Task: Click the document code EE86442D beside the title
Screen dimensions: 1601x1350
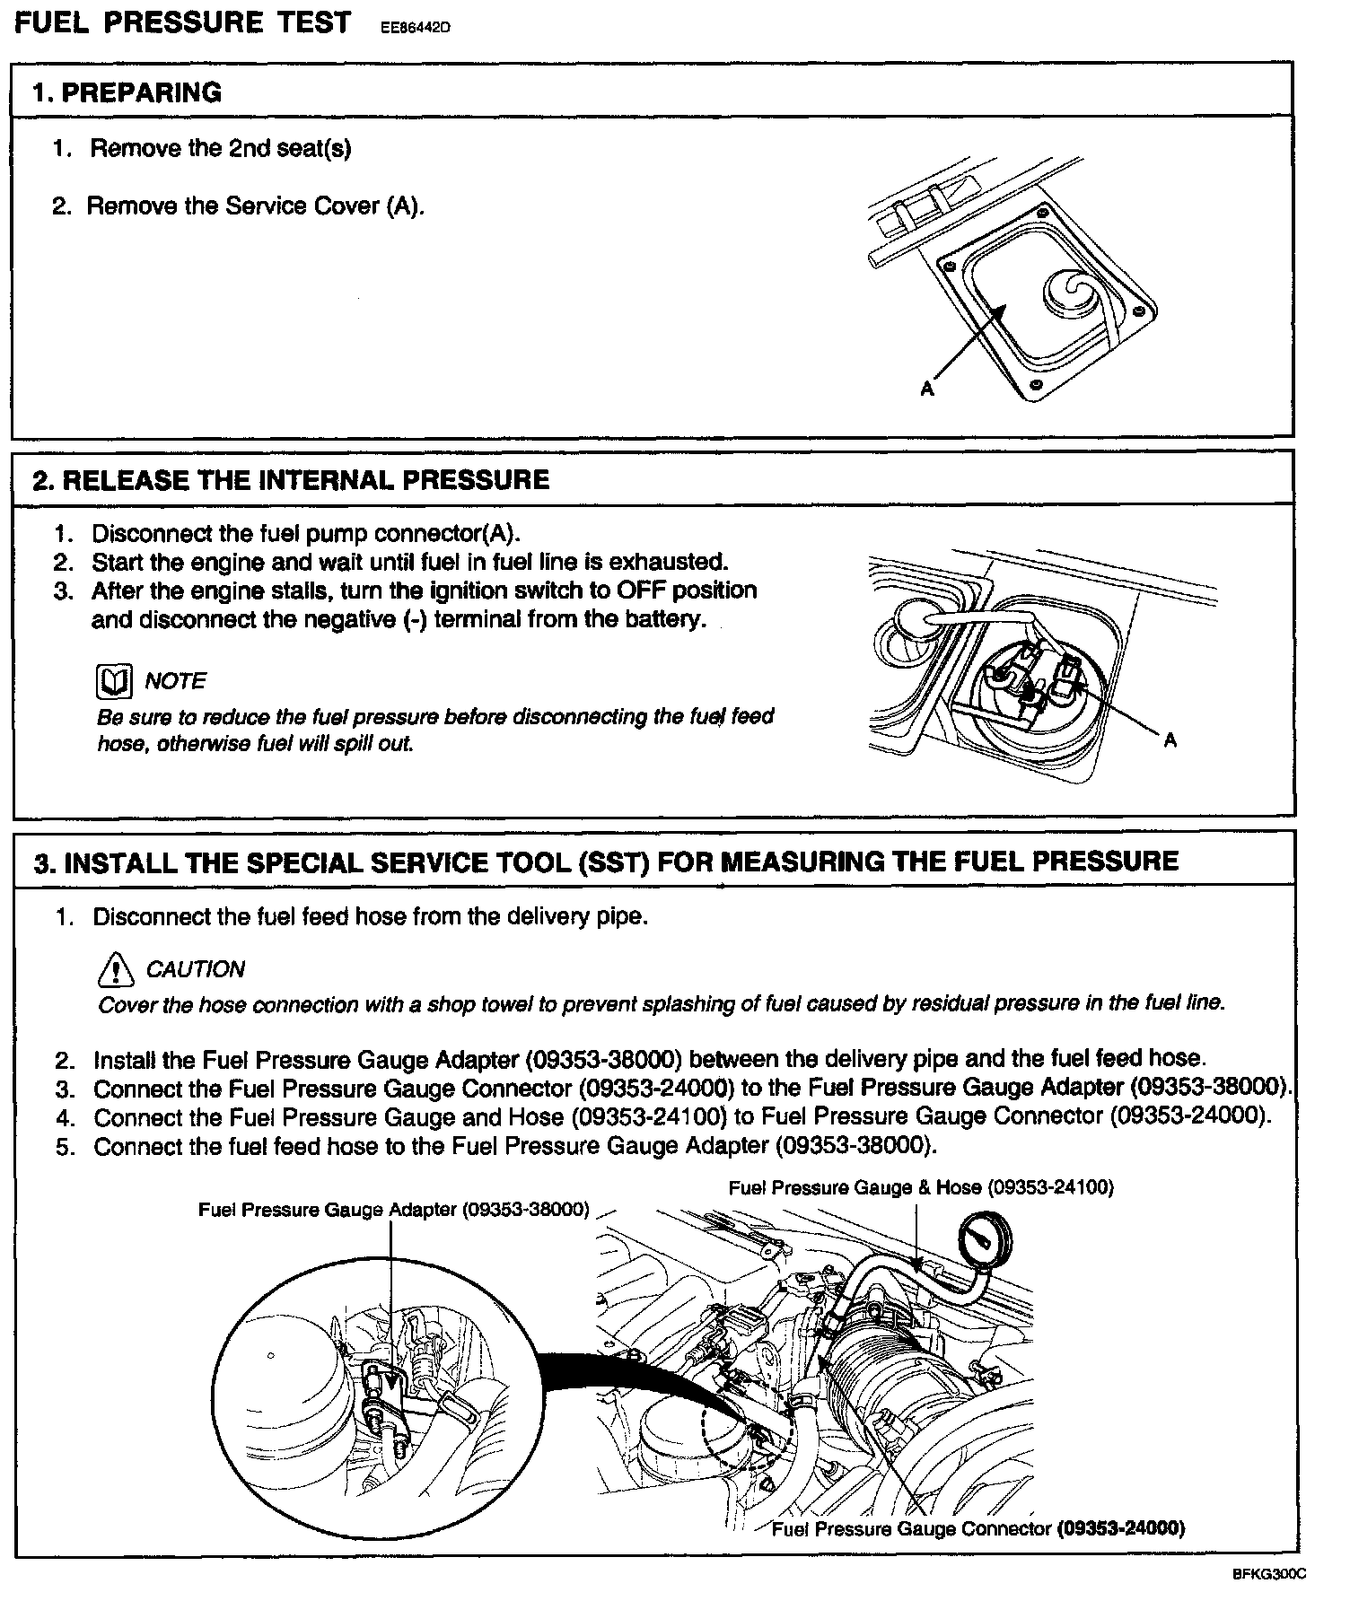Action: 411,27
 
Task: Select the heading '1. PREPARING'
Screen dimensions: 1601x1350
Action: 127,92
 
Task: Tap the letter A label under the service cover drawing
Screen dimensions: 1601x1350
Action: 927,389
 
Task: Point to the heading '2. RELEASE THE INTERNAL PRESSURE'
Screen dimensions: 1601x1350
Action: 291,479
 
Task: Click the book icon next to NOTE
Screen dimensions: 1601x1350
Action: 113,682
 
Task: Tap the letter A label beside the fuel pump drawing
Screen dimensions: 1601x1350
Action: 1170,740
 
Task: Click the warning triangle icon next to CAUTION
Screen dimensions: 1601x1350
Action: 115,969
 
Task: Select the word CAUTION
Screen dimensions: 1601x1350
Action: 195,969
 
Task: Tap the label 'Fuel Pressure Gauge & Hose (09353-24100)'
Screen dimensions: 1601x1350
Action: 921,1187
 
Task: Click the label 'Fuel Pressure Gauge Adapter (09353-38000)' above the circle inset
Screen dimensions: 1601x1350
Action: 394,1210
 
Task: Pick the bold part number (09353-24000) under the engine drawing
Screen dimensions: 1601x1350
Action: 1121,1528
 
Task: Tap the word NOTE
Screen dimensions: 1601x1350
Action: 175,681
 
